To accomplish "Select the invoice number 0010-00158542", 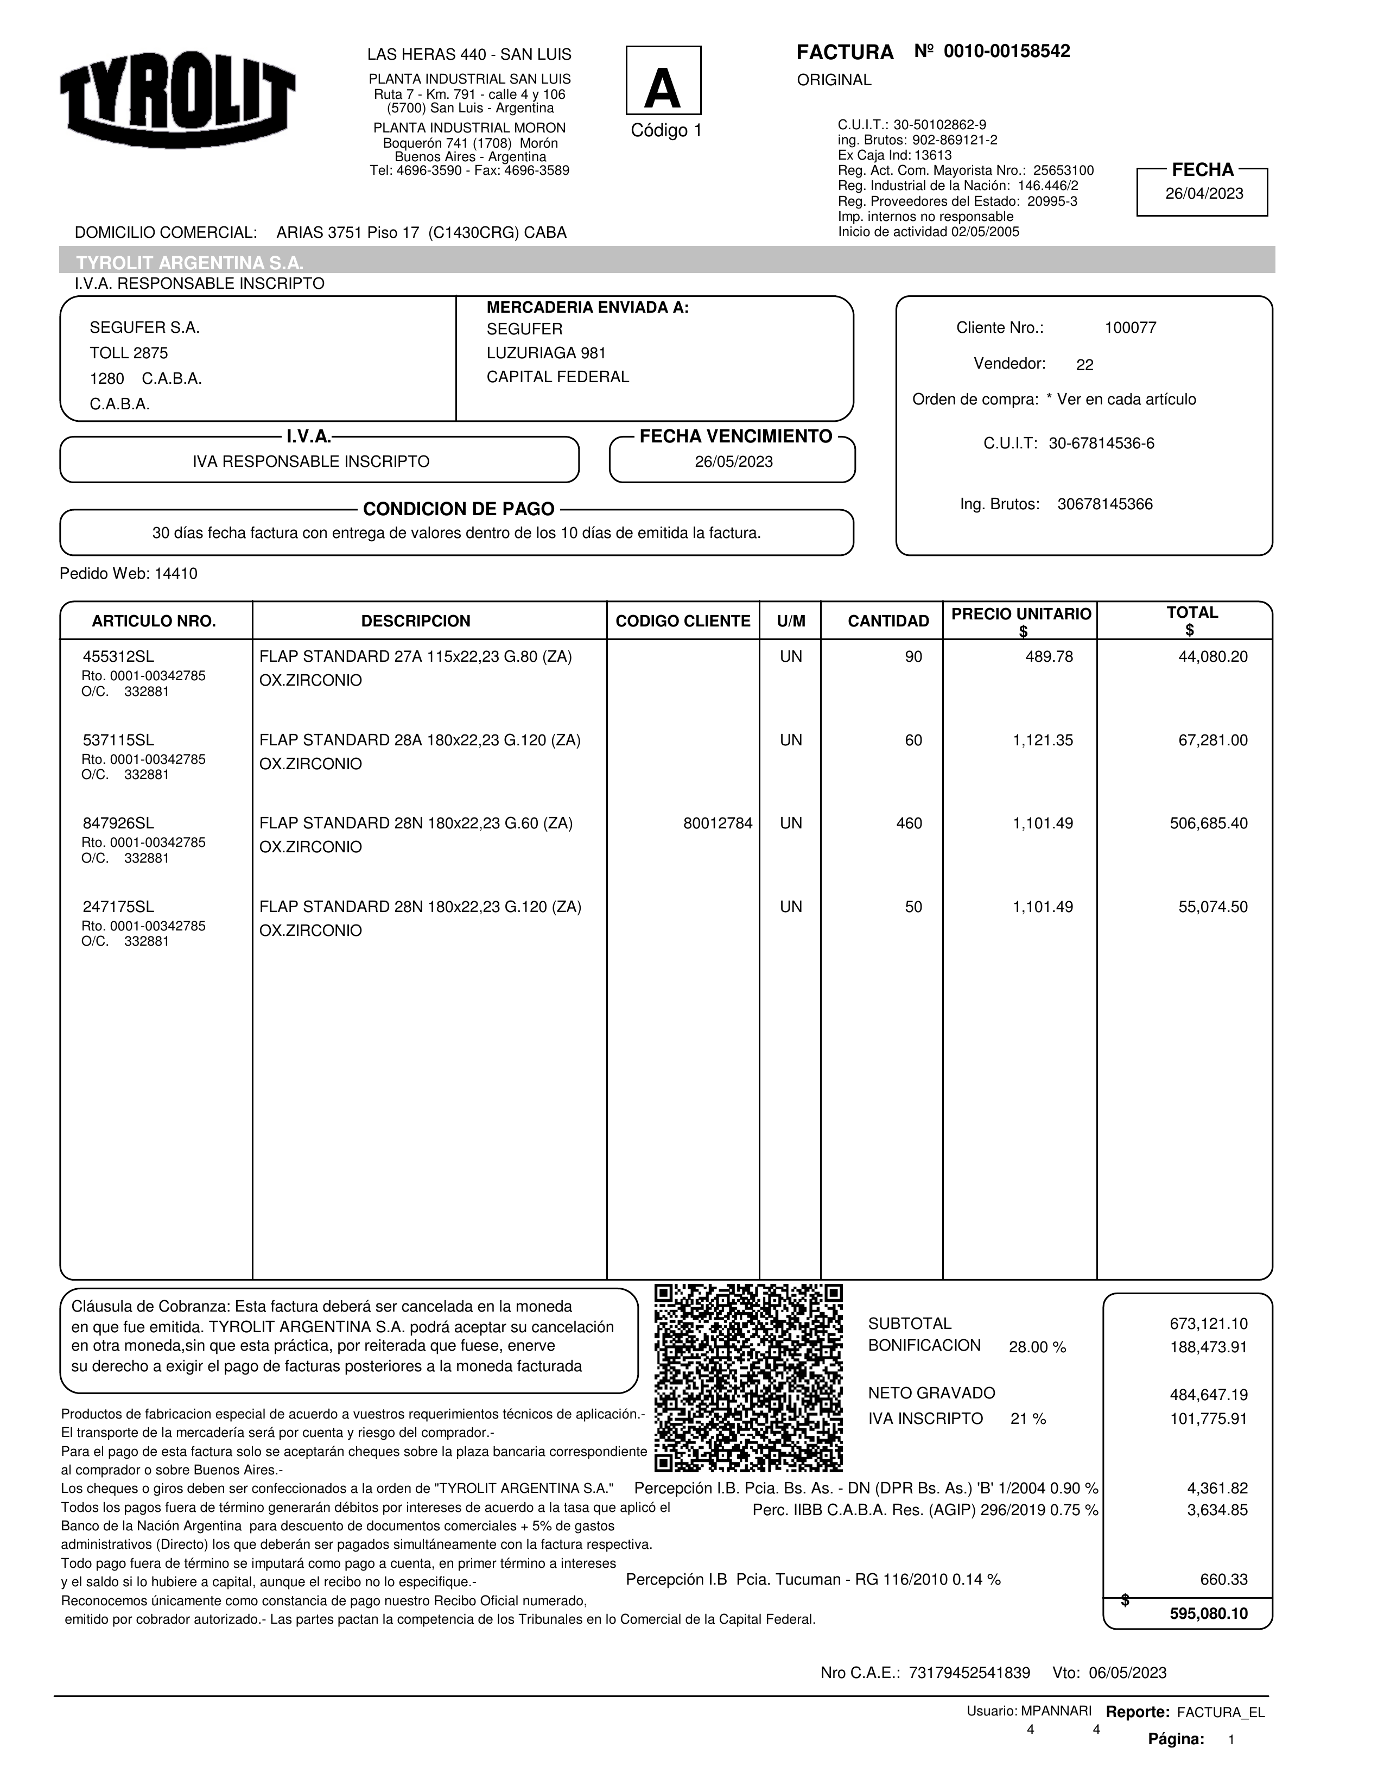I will click(x=1007, y=52).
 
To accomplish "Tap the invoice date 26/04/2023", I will click(x=1203, y=194).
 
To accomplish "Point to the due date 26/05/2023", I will click(x=733, y=462).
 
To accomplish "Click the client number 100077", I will click(x=1129, y=328).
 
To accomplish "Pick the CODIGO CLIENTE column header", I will click(x=683, y=621).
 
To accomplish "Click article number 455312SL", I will click(x=118, y=656).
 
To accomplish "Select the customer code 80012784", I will click(x=717, y=823).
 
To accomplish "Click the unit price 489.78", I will click(x=1049, y=656).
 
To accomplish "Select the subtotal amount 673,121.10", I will click(x=1208, y=1324).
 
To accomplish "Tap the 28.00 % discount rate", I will click(x=1037, y=1347).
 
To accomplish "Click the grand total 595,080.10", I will click(x=1208, y=1614).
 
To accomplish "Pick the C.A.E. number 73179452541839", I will click(x=969, y=1673).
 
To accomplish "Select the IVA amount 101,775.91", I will click(x=1208, y=1419).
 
